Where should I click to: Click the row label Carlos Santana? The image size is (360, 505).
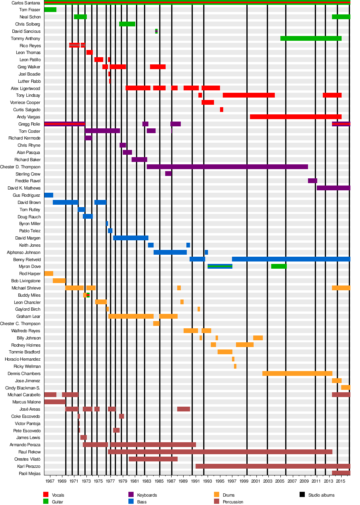pos(26,3)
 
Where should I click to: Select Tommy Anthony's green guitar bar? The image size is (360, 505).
pos(311,38)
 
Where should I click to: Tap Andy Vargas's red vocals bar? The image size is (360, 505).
pos(296,117)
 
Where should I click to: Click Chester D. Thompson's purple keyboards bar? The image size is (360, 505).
pos(227,167)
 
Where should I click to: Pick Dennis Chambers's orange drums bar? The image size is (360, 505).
pos(297,373)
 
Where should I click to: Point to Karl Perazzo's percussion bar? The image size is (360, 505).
pos(273,466)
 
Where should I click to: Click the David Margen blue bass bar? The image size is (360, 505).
pos(131,238)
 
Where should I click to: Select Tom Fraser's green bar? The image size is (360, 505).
pos(50,10)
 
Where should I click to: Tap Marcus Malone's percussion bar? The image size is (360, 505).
pos(55,402)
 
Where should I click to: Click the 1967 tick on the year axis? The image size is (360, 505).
pos(50,481)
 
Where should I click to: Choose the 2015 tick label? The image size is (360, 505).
pos(340,481)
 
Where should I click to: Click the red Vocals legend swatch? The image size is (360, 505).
pos(46,495)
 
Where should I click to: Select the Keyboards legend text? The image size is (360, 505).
pos(147,495)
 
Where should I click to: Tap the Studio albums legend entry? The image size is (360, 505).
pos(321,495)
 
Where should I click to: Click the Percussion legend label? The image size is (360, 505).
pos(233,502)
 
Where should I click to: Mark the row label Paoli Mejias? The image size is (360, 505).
pos(30,473)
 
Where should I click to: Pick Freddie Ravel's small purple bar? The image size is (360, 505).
pos(312,181)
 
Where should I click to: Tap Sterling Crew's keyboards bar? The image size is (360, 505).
pos(168,174)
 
